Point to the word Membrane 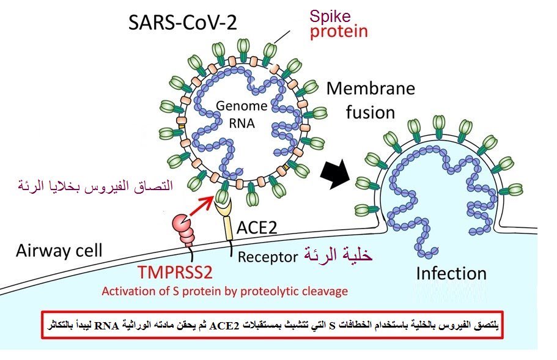click(x=371, y=89)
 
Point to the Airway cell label click(x=59, y=251)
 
